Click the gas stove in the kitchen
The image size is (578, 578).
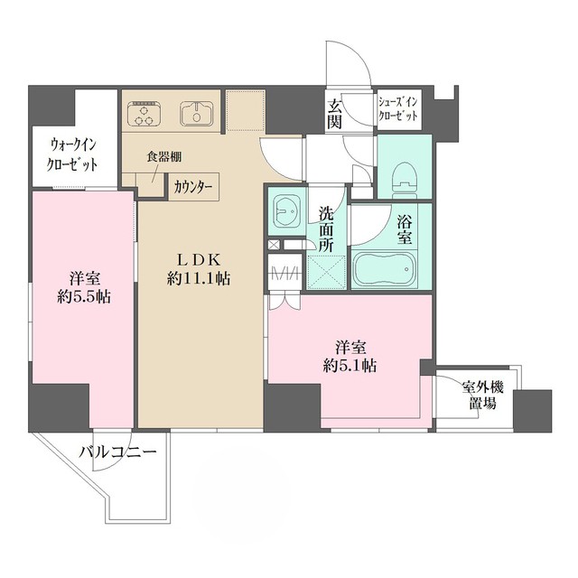tap(144, 114)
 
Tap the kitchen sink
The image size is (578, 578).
tap(196, 113)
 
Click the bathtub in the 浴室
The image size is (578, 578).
tap(385, 269)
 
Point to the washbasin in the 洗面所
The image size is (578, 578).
tap(287, 211)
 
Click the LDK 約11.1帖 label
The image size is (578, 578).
tap(199, 269)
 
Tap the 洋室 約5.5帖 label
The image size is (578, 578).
tap(84, 287)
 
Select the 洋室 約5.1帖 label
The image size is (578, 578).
tap(350, 357)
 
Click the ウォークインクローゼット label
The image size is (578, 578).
tap(72, 154)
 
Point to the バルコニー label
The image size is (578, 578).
tap(118, 452)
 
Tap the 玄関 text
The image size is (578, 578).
tap(335, 114)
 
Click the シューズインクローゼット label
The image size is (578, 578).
tap(398, 109)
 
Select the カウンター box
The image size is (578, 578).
tap(194, 187)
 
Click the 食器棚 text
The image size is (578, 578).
tap(164, 156)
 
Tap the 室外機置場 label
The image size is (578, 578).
tap(482, 396)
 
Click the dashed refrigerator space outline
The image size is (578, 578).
tap(246, 110)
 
